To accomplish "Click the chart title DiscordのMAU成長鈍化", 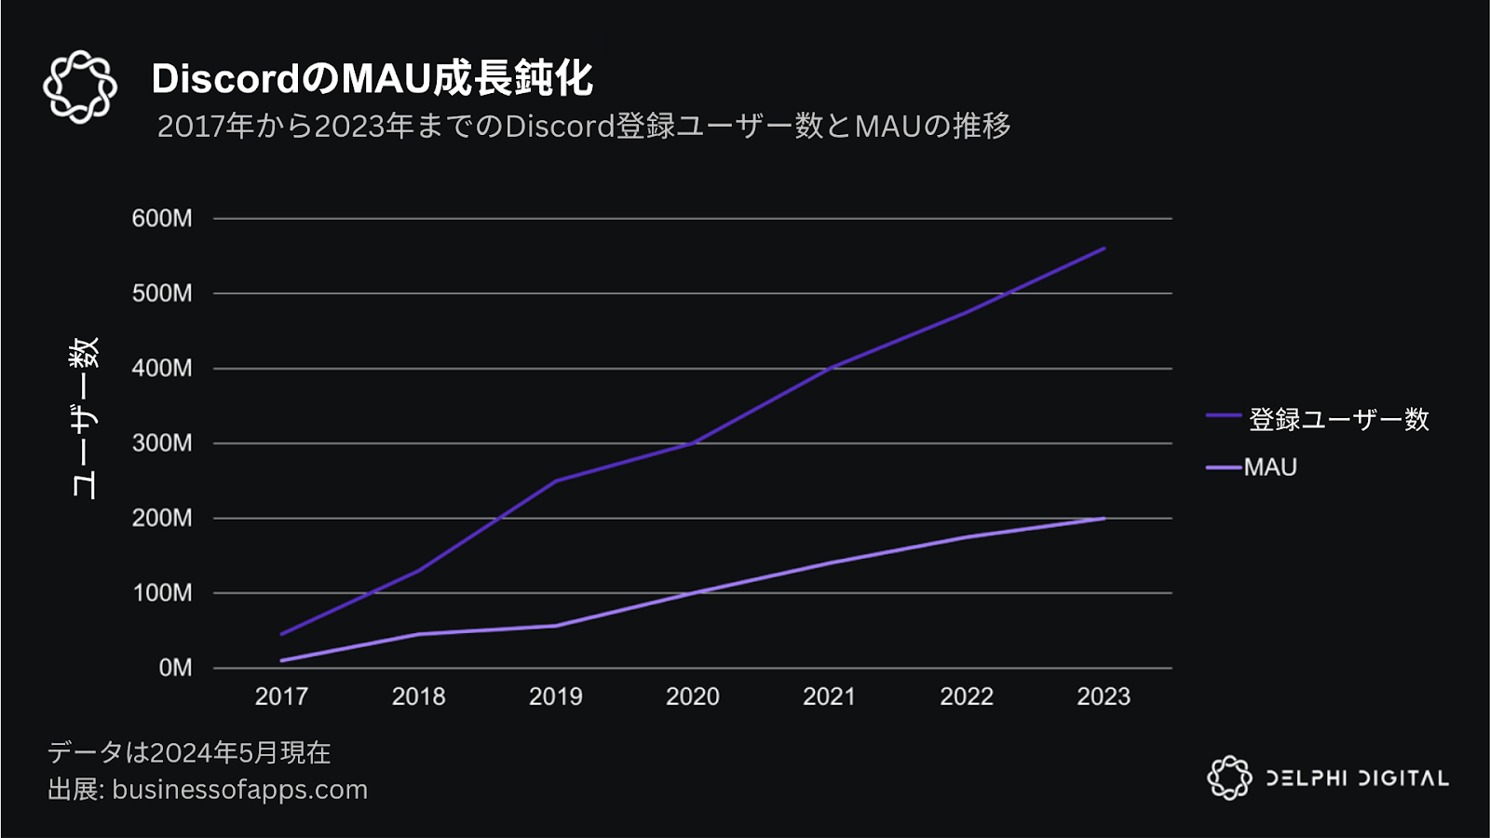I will (372, 79).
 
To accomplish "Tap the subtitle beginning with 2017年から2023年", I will (584, 126).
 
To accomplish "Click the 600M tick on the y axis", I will (162, 219).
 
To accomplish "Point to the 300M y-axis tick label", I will (162, 443).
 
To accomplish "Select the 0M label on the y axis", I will (175, 668).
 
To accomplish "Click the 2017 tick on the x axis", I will (281, 696).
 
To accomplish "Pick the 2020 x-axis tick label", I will (692, 696).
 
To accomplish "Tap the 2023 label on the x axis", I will (1104, 696).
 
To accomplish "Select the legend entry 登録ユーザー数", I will (1338, 420).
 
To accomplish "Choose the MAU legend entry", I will (1270, 467).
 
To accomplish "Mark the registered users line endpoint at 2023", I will (1104, 249).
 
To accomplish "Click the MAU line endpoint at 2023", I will (1104, 519).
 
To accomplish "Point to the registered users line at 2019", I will (556, 480).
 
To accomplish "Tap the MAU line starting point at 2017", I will (281, 660).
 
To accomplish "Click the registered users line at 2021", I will (830, 368).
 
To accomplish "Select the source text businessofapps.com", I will (239, 790).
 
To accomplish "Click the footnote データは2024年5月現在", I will (189, 752).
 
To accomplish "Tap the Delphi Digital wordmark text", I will (1357, 778).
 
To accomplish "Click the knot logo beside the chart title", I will (80, 87).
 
